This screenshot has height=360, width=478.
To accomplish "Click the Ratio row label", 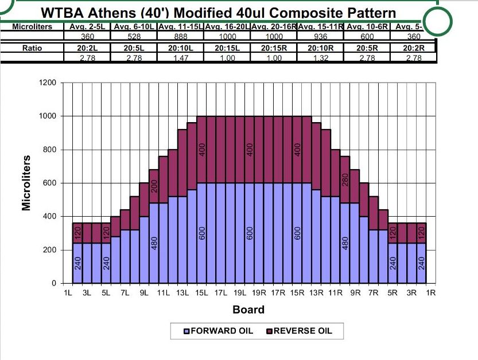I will pos(32,48).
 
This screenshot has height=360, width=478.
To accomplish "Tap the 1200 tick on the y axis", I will pos(47,83).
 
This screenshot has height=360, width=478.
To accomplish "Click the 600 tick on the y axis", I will pos(49,183).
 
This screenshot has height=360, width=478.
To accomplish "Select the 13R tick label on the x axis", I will pos(316,293).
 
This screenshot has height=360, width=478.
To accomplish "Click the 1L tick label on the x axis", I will pos(67,293).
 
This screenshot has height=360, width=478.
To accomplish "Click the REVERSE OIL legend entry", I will pos(298,331).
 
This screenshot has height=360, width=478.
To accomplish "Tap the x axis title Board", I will pos(248,310).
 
